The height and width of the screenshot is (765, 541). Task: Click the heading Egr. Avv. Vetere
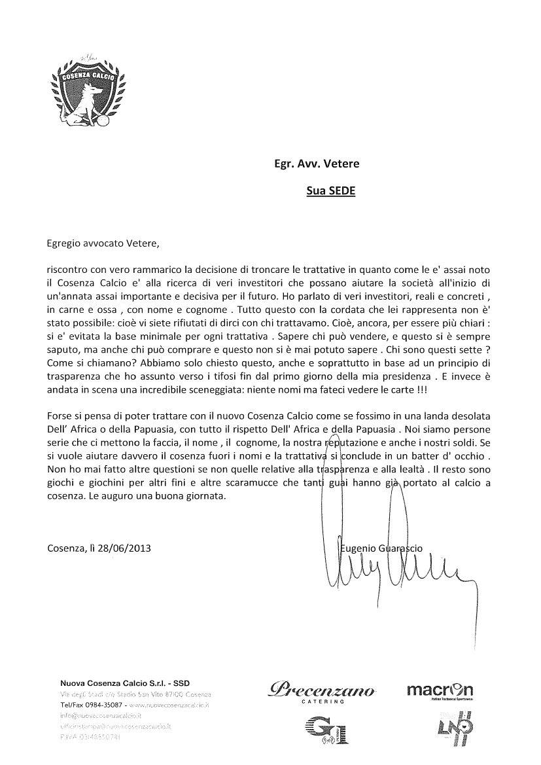(x=316, y=164)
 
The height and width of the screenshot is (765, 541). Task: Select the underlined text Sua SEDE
(x=330, y=192)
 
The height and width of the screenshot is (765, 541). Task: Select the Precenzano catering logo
(x=321, y=691)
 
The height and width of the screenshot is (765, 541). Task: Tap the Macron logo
(x=440, y=691)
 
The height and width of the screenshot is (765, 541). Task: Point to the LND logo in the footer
(x=445, y=728)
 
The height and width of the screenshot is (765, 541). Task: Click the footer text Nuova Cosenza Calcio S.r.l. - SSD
(x=125, y=683)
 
